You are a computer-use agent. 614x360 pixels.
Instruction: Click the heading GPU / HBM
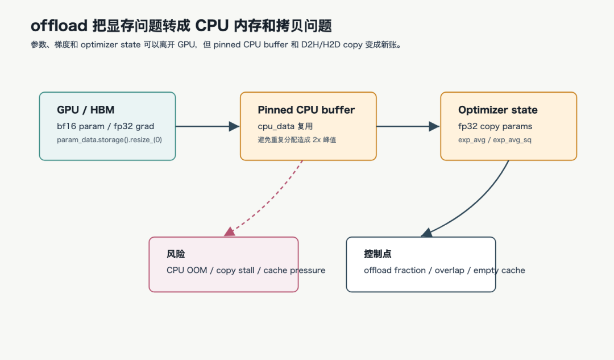86,110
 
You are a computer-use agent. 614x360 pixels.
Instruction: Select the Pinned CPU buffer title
306,110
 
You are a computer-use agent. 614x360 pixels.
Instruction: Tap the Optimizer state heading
497,110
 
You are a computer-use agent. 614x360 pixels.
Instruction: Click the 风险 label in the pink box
176,254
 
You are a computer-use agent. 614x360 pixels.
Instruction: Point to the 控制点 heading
377,254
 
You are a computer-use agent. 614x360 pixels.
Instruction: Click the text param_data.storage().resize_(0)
109,140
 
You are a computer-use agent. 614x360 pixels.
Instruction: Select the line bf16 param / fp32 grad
105,126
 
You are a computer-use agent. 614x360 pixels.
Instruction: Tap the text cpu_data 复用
285,126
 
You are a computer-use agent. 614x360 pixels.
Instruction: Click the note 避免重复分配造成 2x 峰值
297,140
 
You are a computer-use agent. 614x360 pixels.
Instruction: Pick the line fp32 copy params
495,126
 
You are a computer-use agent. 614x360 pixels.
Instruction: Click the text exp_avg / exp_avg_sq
495,140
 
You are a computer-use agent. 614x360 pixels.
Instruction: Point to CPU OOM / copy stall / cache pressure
246,270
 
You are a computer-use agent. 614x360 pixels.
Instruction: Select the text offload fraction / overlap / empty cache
445,270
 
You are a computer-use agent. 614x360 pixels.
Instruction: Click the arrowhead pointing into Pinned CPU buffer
234,126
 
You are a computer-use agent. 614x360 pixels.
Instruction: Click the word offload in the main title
59,26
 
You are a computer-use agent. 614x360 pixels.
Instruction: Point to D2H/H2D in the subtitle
321,45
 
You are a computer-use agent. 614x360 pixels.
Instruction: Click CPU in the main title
212,26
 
